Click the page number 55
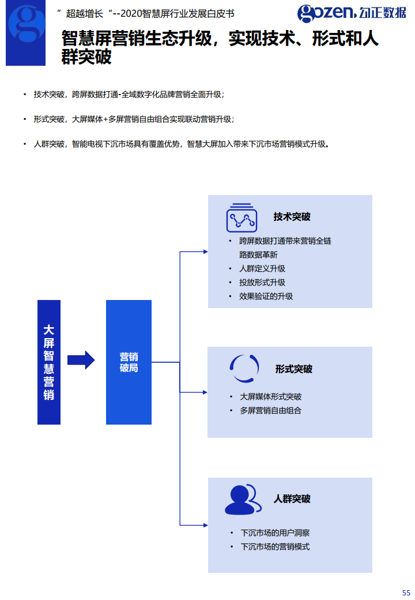point(406,592)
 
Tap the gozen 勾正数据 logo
point(352,12)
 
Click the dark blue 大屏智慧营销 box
point(49,362)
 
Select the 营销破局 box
point(129,362)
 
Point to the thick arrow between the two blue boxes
point(81,360)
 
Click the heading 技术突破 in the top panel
point(292,217)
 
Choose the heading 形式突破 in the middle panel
point(293,369)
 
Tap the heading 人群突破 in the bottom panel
point(292,498)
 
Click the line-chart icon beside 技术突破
point(241,217)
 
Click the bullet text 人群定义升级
point(262,268)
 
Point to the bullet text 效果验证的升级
point(266,296)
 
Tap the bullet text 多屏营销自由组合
point(270,411)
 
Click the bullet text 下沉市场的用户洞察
point(275,532)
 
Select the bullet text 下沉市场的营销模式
point(275,546)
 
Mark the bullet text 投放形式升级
point(262,282)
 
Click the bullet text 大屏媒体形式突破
point(270,397)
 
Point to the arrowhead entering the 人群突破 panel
point(204,524)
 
